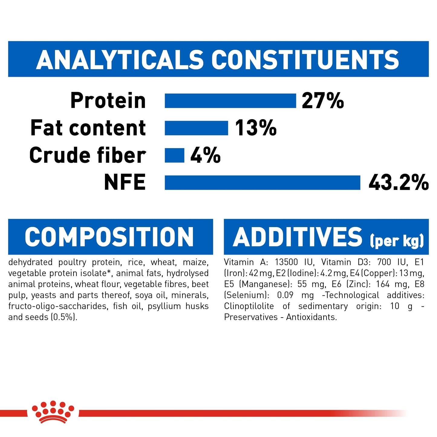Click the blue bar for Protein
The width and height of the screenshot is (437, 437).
tap(230, 101)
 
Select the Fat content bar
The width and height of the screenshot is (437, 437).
tap(196, 128)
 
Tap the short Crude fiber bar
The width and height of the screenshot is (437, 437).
tap(174, 155)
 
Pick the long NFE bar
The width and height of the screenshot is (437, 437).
tap(262, 183)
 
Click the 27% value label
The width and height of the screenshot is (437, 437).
tap(323, 101)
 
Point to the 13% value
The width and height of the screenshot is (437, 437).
tap(256, 128)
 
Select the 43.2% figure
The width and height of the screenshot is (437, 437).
tap(398, 183)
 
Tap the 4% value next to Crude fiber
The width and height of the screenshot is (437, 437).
tap(205, 155)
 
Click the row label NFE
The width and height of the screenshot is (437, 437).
tap(125, 182)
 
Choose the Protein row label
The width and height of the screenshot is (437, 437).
tap(108, 101)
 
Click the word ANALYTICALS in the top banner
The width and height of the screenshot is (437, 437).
tap(120, 60)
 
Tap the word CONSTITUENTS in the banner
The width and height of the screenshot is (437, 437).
tap(305, 60)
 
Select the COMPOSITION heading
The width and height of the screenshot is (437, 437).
tap(109, 237)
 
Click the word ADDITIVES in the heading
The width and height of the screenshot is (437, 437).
tap(298, 237)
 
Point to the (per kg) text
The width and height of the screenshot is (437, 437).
tap(396, 241)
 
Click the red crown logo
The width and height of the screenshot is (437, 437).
tap(53, 412)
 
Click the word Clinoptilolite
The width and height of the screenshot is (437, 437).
tap(249, 306)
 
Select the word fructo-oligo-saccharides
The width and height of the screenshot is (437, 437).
tap(58, 306)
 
